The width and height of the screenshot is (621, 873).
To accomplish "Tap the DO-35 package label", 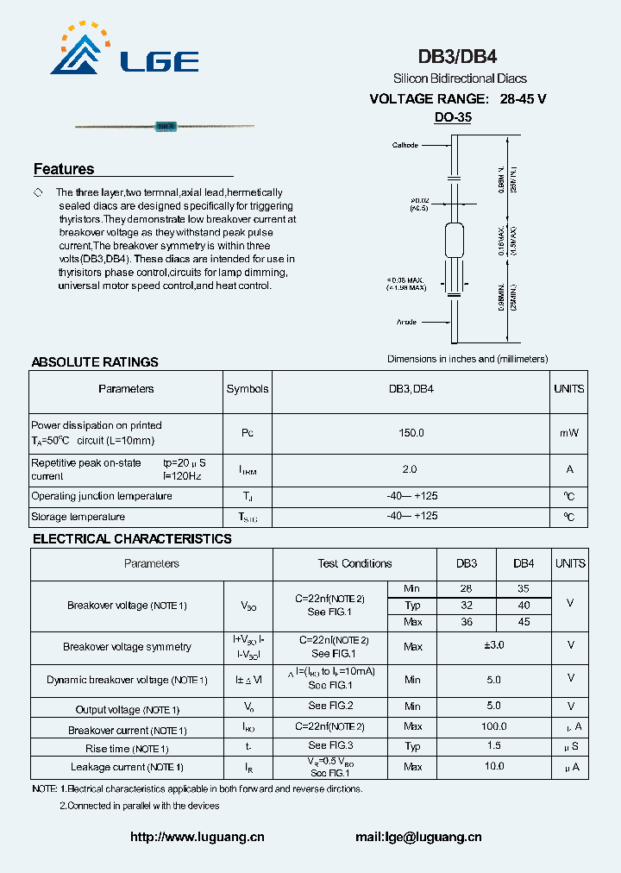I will [453, 117].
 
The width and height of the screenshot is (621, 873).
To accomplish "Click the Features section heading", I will [64, 169].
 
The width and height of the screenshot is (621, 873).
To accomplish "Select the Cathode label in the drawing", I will [405, 145].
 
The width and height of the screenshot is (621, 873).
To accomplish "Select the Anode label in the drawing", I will [406, 322].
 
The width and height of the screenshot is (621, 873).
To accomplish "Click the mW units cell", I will [568, 433].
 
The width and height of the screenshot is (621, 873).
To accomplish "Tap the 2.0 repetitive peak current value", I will [410, 469].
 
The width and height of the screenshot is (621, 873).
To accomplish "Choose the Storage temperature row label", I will [78, 517].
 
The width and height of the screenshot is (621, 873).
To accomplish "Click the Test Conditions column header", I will [354, 563].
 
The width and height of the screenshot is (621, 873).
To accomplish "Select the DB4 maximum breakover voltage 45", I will [524, 622].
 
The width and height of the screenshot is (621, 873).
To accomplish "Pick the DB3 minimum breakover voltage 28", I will [467, 587].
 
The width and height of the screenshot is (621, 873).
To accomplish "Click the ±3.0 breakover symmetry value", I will [493, 645].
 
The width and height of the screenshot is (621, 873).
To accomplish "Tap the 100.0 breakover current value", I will [493, 727].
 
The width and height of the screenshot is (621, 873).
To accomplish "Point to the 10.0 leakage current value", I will [493, 766].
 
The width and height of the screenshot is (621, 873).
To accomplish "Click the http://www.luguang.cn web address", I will [198, 837].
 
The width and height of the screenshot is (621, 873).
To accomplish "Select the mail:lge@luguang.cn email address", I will [418, 837].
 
